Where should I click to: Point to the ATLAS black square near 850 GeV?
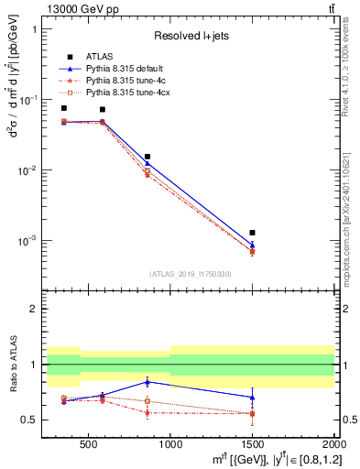pos(147,157)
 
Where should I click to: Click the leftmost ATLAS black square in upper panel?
pos(63,108)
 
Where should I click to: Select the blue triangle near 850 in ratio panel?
pos(147,381)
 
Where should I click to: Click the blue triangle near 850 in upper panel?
pos(147,164)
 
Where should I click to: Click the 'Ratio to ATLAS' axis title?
pos(14,364)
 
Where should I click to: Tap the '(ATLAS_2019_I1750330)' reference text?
pos(191,274)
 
